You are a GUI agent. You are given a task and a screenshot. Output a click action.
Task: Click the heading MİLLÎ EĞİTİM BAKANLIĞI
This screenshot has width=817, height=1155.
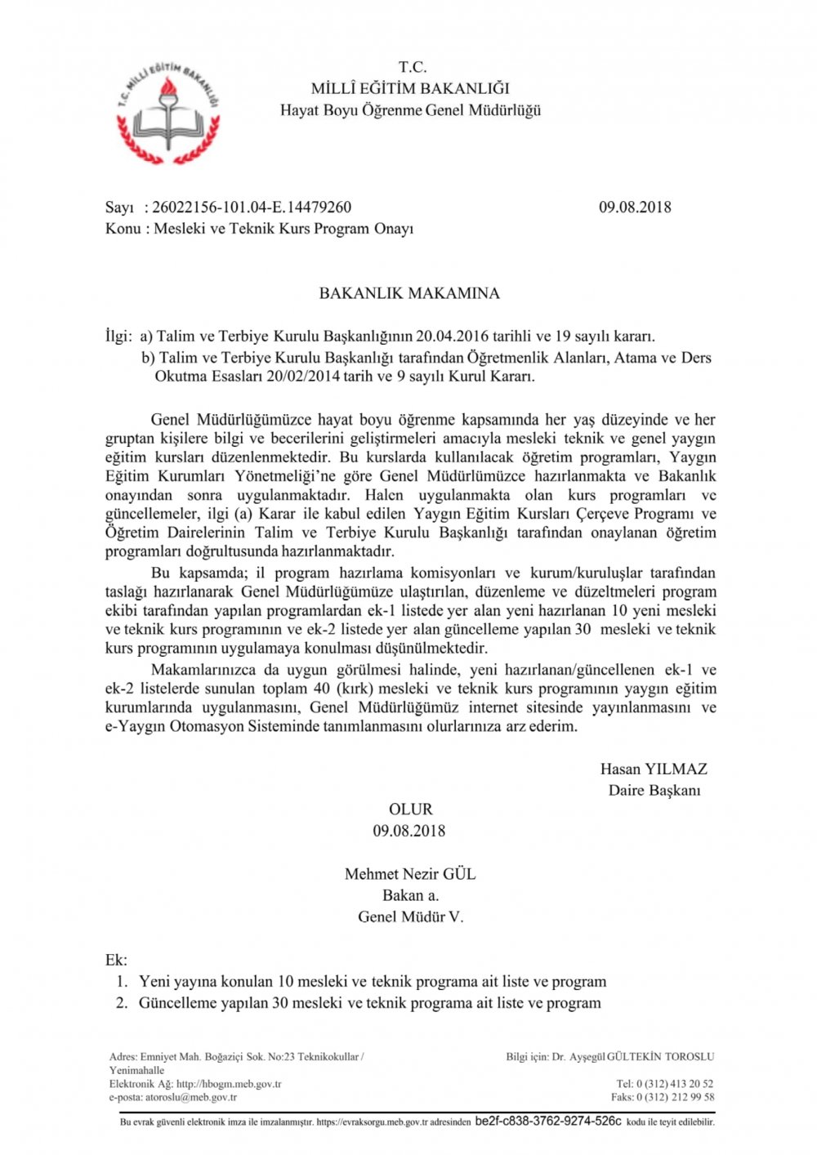pyautogui.click(x=410, y=88)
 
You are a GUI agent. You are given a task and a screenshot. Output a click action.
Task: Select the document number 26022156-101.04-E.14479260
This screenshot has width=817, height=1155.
pyautogui.click(x=252, y=207)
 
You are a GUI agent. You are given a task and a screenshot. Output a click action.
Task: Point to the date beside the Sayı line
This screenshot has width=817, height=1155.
pyautogui.click(x=635, y=207)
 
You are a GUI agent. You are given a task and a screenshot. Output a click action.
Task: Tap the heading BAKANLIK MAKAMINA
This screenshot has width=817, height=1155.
pyautogui.click(x=409, y=293)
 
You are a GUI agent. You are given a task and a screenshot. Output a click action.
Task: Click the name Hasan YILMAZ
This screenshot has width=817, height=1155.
pyautogui.click(x=654, y=769)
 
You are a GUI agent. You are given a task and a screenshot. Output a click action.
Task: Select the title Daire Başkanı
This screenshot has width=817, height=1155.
pyautogui.click(x=654, y=790)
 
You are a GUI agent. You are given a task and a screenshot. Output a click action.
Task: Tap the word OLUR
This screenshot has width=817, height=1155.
pyautogui.click(x=410, y=809)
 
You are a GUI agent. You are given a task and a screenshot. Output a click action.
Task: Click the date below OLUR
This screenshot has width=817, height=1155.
pyautogui.click(x=409, y=831)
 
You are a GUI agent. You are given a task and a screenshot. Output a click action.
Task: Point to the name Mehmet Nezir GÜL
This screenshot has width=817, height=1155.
pyautogui.click(x=410, y=874)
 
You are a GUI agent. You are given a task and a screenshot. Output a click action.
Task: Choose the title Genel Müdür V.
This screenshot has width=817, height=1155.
pyautogui.click(x=410, y=916)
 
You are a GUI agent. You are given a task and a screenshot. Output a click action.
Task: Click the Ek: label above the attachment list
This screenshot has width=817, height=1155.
pyautogui.click(x=116, y=960)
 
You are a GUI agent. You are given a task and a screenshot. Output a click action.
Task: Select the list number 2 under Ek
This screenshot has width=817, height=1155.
pyautogui.click(x=121, y=1003)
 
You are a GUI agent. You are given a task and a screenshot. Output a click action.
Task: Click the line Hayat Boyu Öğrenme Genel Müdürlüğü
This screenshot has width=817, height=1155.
pyautogui.click(x=410, y=109)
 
